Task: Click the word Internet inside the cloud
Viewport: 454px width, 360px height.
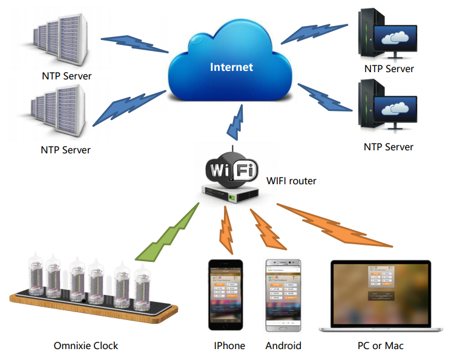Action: pyautogui.click(x=231, y=67)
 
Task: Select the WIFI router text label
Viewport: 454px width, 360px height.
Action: pyautogui.click(x=291, y=181)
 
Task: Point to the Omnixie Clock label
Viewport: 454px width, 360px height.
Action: pyautogui.click(x=85, y=345)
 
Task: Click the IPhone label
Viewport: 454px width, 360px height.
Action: pyautogui.click(x=229, y=345)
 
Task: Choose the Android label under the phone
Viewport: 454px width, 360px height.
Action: pyautogui.click(x=283, y=345)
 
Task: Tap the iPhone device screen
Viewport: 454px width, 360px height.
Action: pyautogui.click(x=226, y=295)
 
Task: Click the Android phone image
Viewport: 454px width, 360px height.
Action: pyautogui.click(x=283, y=296)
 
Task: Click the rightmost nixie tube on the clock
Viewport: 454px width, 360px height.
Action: pyautogui.click(x=143, y=288)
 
